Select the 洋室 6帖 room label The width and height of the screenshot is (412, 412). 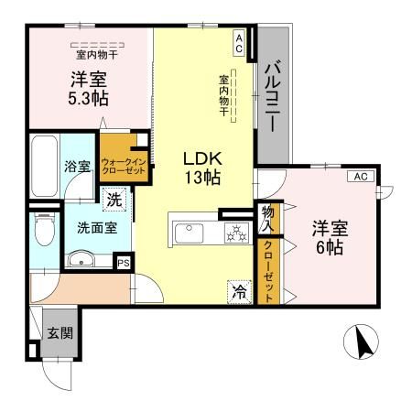tap(331, 235)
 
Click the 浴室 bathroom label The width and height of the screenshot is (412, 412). tap(77, 167)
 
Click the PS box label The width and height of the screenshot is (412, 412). tap(123, 262)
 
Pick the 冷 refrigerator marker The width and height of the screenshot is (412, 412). tap(237, 293)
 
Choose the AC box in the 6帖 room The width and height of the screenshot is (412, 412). tap(360, 177)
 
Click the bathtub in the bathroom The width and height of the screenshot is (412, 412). tap(43, 162)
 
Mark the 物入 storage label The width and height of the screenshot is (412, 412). tap(268, 218)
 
